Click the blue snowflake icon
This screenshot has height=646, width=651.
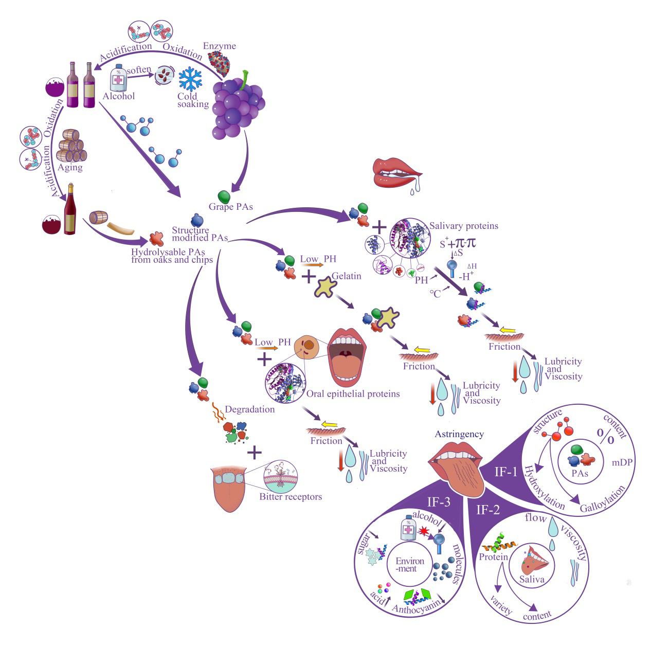190,79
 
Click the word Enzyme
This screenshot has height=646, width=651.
219,46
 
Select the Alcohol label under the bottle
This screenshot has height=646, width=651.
118,96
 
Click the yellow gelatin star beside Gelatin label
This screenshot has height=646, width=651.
325,287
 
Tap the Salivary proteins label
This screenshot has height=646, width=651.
463,226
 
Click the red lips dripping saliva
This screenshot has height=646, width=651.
396,172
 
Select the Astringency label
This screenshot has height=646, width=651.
459,434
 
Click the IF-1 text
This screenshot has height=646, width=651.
505,472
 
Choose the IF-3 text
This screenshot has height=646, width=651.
439,502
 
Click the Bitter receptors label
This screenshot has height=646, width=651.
291,497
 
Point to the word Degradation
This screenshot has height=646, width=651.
249,409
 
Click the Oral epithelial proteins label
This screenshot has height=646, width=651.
353,394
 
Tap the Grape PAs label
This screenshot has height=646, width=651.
230,207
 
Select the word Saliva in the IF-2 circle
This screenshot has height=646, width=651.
531,580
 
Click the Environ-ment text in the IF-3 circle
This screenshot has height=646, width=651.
410,565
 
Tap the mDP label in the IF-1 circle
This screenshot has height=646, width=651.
622,462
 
